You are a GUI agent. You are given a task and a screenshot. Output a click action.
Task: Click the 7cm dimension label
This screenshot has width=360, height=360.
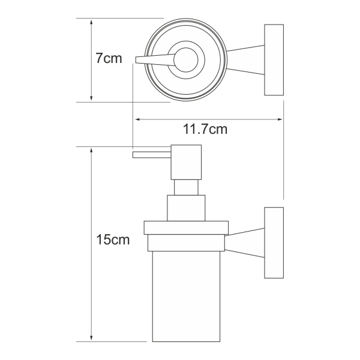(108, 59)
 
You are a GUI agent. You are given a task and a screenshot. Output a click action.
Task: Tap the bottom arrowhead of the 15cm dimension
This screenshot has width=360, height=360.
(91, 337)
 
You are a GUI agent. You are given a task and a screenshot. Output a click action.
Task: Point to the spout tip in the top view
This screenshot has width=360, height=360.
(139, 59)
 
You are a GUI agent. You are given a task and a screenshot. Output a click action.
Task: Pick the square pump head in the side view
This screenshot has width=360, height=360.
(186, 162)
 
